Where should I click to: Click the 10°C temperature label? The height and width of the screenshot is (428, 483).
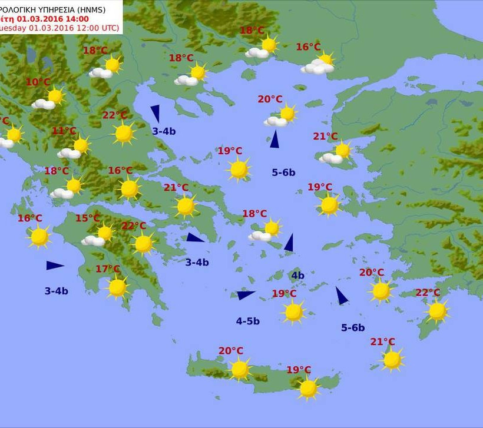tap(38, 82)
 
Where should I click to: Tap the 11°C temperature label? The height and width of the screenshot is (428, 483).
tap(64, 131)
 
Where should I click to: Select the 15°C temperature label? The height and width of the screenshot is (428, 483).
tap(87, 218)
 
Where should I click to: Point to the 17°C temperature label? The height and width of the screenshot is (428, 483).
tap(108, 269)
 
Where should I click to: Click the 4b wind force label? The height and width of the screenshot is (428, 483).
tap(297, 276)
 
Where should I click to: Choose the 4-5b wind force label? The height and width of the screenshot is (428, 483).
tap(248, 321)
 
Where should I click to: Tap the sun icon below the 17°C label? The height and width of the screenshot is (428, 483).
tap(117, 287)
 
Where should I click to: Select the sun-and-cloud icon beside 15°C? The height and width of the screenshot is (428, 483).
tap(98, 235)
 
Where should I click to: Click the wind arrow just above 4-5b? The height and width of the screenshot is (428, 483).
tap(245, 295)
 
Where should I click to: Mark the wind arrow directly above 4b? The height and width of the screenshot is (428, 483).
tap(289, 243)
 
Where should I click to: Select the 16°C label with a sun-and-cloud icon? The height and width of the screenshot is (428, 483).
tap(308, 47)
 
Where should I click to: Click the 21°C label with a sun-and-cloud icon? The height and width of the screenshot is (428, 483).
tap(325, 137)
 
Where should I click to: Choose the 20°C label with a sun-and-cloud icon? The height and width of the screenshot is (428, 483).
tap(270, 99)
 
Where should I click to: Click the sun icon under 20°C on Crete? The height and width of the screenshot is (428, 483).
tap(240, 369)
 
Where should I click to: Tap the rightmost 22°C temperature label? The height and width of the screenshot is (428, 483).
tap(428, 293)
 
